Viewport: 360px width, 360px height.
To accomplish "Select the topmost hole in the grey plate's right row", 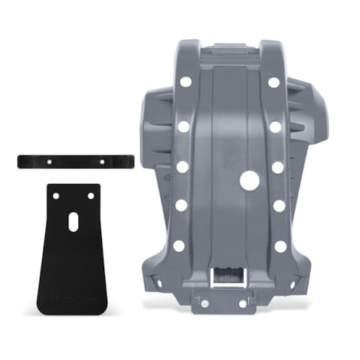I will [273, 82].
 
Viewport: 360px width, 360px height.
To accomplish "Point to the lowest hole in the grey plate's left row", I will [178, 246].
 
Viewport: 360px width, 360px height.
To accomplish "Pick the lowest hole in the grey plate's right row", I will [281, 246].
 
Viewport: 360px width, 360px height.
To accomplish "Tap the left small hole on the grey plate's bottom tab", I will [205, 303].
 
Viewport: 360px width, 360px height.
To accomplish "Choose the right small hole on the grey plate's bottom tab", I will [243, 303].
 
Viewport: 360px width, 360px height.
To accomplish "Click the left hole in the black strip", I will [51, 162].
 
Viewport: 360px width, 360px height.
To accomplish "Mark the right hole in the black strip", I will [101, 161].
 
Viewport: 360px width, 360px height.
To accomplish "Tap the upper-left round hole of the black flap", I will [57, 195].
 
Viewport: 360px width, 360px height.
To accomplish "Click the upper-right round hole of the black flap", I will [90, 195].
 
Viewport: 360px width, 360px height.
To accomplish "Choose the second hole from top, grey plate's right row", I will [276, 126].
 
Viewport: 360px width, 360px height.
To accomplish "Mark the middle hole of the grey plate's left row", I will [182, 165].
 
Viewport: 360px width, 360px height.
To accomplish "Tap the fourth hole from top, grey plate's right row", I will [280, 205].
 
